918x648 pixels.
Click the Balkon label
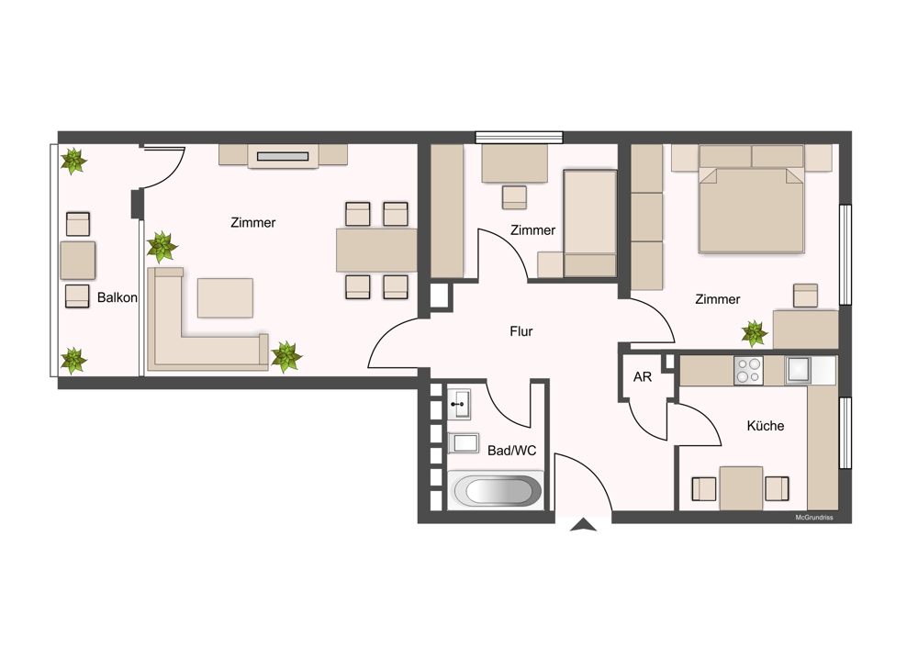coord(118,297)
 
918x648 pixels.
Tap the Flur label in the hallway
coord(521,331)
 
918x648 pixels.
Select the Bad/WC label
coord(511,450)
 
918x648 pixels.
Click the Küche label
coord(766,426)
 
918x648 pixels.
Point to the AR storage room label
coord(643,377)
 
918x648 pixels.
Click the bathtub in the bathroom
coord(498,489)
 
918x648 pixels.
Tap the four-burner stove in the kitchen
coord(748,370)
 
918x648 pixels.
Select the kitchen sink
coord(798,370)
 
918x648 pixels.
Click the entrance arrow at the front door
coord(583,525)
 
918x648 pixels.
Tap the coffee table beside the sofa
coord(226,298)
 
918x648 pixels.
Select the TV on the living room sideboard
coord(283,156)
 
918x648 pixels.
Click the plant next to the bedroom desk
coord(754,334)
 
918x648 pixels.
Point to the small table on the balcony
coord(78,260)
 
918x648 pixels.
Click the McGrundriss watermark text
coord(813,518)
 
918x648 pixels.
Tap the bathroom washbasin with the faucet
coord(459,404)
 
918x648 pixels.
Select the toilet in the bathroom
coord(464,443)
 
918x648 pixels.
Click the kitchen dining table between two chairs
coord(741,488)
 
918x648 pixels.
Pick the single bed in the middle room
coord(590,223)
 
